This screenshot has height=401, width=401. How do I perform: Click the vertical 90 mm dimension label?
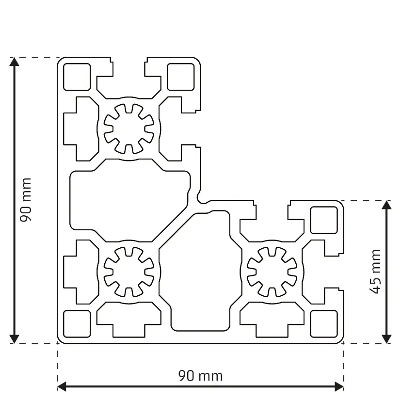(26, 200)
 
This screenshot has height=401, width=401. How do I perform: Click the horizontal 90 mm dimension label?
(200, 375)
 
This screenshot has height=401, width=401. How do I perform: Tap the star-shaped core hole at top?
(129, 128)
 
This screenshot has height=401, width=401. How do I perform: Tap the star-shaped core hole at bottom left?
(129, 271)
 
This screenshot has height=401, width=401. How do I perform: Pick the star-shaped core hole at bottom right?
(272, 271)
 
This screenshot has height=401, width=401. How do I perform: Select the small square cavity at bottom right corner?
(323, 323)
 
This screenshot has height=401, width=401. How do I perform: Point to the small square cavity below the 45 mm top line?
(324, 220)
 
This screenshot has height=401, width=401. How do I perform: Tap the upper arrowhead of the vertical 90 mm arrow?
(15, 63)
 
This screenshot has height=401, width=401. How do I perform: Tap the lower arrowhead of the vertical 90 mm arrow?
(15, 338)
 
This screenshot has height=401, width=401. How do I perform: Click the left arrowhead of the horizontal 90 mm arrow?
(63, 386)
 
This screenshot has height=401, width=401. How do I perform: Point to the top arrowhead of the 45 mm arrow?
(386, 206)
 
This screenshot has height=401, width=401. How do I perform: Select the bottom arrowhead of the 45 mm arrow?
(386, 338)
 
